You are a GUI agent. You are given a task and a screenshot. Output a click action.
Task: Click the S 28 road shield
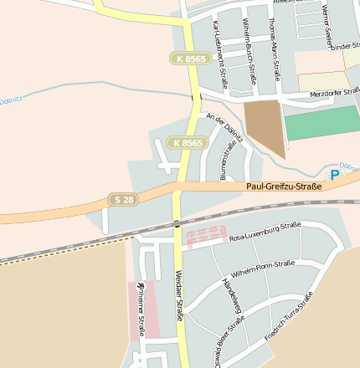click(x=121, y=199)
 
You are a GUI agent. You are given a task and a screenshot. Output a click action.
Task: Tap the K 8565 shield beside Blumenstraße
click(x=186, y=143)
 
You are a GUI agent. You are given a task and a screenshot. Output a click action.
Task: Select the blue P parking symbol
click(x=335, y=175)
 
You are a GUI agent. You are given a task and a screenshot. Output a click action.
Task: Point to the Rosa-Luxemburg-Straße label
click(x=265, y=232)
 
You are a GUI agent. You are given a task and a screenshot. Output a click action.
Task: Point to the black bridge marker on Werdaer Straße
click(x=177, y=223)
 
